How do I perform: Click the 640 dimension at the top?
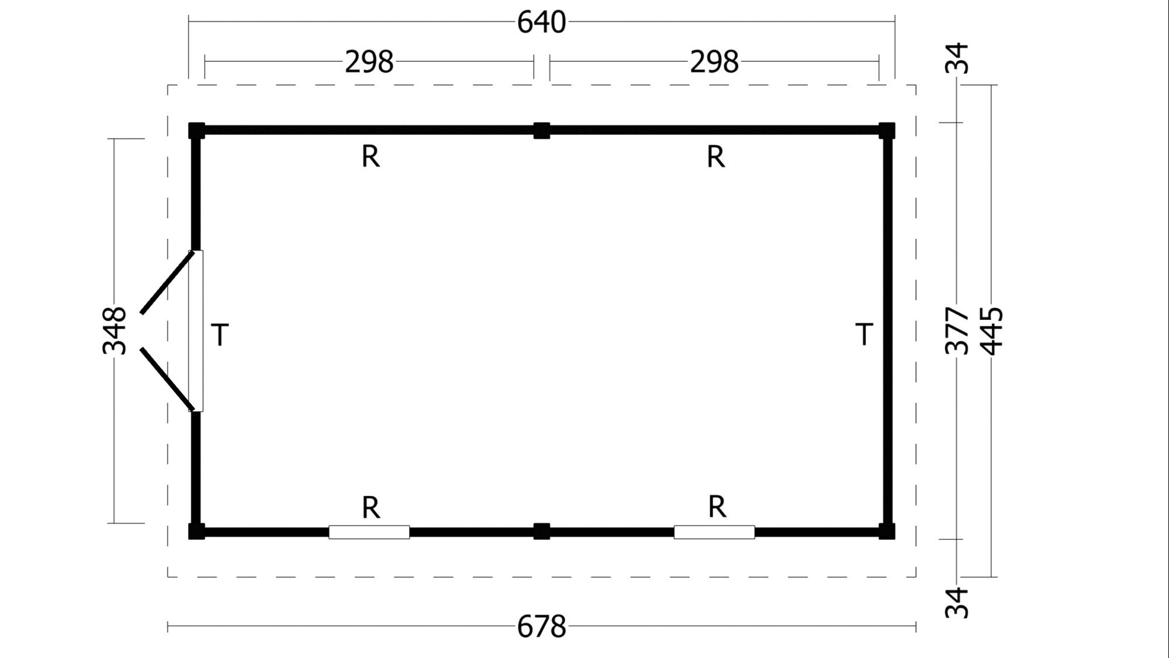pyautogui.click(x=541, y=22)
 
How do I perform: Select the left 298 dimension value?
pyautogui.click(x=369, y=61)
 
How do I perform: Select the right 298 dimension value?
pyautogui.click(x=714, y=61)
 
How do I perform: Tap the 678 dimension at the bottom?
pyautogui.click(x=541, y=627)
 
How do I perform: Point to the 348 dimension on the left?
pyautogui.click(x=115, y=330)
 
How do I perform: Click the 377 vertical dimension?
pyautogui.click(x=957, y=330)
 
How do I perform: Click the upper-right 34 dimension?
pyautogui.click(x=957, y=58)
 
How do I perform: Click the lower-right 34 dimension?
pyautogui.click(x=957, y=603)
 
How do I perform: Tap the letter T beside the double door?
pyautogui.click(x=220, y=335)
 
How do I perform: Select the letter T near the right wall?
pyautogui.click(x=864, y=334)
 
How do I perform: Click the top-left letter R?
pyautogui.click(x=371, y=157)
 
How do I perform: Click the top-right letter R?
pyautogui.click(x=716, y=157)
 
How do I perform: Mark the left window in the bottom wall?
pyautogui.click(x=369, y=532)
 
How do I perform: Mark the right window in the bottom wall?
pyautogui.click(x=714, y=532)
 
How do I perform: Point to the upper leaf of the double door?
pyautogui.click(x=167, y=283)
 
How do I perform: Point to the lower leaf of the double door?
pyautogui.click(x=167, y=379)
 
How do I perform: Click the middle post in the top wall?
pyautogui.click(x=542, y=130)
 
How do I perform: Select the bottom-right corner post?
pyautogui.click(x=887, y=531)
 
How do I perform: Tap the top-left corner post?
pyautogui.click(x=197, y=130)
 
